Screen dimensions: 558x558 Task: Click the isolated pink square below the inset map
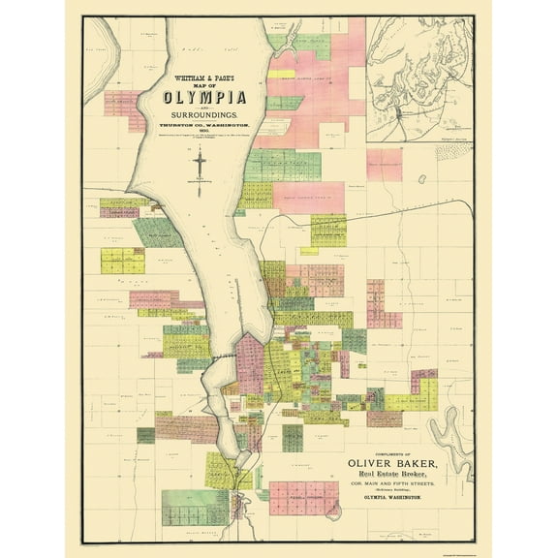(x=384, y=163)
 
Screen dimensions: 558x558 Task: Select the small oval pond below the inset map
(x=421, y=180)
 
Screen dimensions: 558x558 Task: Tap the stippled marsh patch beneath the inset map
(x=452, y=152)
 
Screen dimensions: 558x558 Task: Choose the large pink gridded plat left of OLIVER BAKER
(x=302, y=497)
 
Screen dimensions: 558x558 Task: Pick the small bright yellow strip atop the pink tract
(x=281, y=74)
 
